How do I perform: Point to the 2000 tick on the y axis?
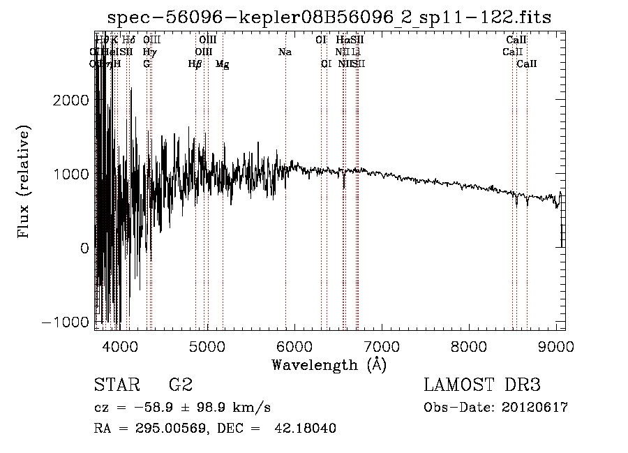(73, 100)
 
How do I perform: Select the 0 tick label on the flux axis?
(84, 248)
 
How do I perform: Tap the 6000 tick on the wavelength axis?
(294, 346)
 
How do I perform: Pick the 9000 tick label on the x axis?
(556, 346)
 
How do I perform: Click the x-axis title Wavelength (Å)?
(329, 364)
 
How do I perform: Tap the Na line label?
(285, 52)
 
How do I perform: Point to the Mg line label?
(223, 64)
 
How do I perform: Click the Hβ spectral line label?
(195, 64)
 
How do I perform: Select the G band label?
(147, 64)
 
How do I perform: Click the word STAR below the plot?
(115, 385)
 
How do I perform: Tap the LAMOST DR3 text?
(481, 385)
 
